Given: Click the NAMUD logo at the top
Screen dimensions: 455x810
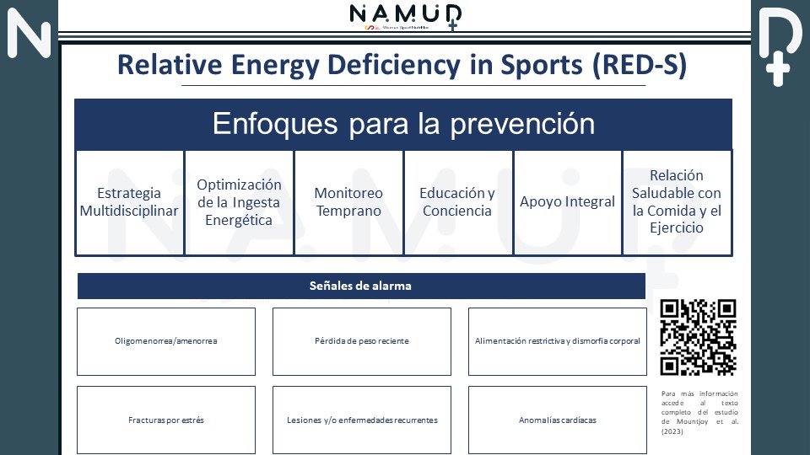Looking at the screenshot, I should (x=405, y=15).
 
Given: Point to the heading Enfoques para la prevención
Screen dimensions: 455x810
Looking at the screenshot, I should (x=403, y=125).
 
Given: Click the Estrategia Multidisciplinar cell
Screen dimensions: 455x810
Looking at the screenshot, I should (x=129, y=202).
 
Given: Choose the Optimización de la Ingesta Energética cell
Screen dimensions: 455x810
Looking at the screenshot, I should (x=239, y=202).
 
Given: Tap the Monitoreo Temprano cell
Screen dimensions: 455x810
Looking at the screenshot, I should (x=348, y=202).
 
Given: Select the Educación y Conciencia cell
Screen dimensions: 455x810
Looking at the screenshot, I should (x=457, y=202).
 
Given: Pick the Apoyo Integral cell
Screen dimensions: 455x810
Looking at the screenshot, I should (x=567, y=202).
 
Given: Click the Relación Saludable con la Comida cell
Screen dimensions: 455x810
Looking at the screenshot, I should (x=677, y=202).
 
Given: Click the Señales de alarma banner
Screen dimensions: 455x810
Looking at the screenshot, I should (x=361, y=286).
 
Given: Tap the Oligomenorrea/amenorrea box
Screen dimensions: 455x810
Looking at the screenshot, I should (x=166, y=341).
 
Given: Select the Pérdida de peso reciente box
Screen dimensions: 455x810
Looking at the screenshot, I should (x=361, y=341).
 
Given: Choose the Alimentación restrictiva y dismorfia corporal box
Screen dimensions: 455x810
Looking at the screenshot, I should (x=557, y=341).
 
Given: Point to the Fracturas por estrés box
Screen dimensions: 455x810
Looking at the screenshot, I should (x=166, y=420).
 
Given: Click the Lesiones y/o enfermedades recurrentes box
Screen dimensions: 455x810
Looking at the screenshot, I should (x=361, y=420).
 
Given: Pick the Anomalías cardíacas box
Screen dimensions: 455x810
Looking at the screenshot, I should (x=557, y=420).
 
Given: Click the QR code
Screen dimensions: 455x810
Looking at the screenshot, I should (x=698, y=337).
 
